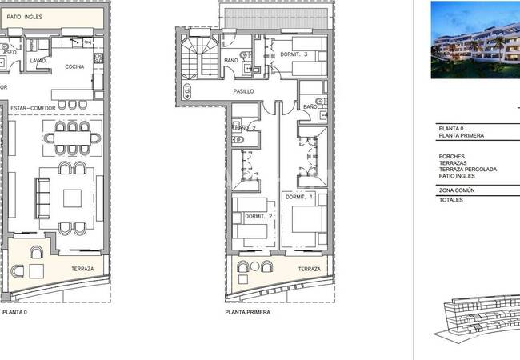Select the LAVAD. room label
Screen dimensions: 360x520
click(x=39, y=61)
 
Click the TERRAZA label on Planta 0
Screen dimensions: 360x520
click(x=82, y=269)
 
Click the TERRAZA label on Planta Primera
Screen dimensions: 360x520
click(x=310, y=270)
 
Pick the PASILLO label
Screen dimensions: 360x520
click(x=243, y=92)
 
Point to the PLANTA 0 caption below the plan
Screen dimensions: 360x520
click(x=14, y=312)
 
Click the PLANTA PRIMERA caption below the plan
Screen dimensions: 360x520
click(x=247, y=312)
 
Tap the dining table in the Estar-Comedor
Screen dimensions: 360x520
click(x=72, y=138)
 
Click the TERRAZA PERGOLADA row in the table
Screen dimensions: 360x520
click(x=468, y=170)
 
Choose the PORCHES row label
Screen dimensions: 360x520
click(x=453, y=156)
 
